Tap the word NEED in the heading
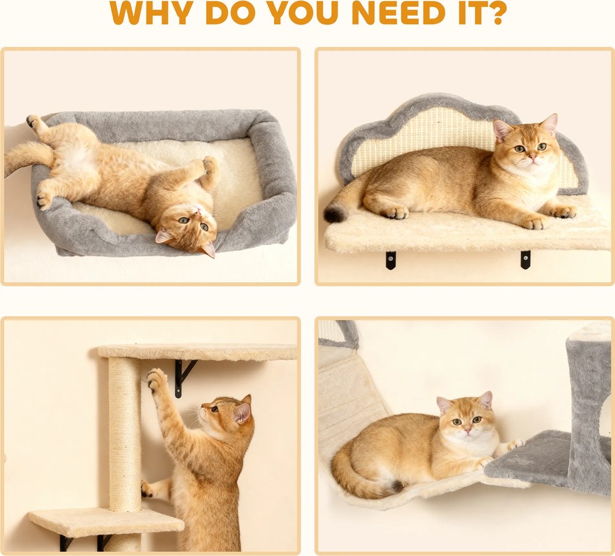[x=399, y=13]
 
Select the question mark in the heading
[x=495, y=13]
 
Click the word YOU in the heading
[x=304, y=13]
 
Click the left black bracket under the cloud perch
[x=390, y=260]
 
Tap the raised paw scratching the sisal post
[x=157, y=379]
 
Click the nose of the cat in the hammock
[x=467, y=431]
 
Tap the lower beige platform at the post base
[x=106, y=522]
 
